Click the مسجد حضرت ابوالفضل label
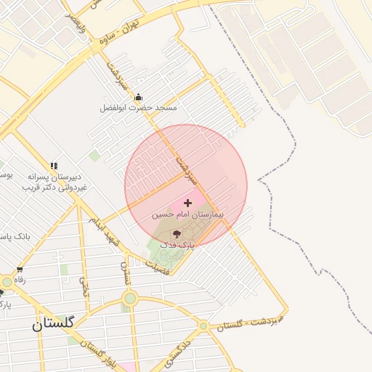(138, 108)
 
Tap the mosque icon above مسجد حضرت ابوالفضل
(138, 97)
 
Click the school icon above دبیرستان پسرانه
(54, 166)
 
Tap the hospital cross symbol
(188, 203)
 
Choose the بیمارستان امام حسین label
(185, 215)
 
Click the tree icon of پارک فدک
(177, 234)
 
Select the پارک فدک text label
(177, 246)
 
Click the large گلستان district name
(53, 325)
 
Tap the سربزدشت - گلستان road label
(260, 321)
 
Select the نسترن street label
(125, 272)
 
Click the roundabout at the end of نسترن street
(130, 298)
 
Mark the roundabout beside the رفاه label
(7, 281)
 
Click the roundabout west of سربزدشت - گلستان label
(204, 325)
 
